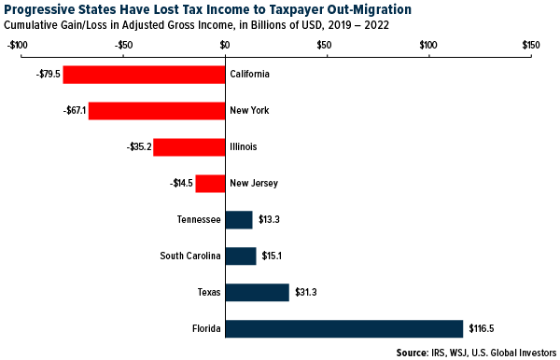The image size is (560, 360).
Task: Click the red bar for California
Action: pos(144,75)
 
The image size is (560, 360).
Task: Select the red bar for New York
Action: pos(157,111)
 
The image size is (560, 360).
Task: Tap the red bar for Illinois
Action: pos(189,147)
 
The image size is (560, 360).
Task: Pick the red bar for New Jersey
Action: pos(210,184)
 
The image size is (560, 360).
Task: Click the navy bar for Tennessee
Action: pos(239,220)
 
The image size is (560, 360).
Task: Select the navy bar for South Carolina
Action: pos(241,256)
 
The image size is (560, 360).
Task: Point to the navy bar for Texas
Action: pos(257,293)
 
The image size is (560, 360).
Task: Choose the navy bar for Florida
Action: pos(344,329)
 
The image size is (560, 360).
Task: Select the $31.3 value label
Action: pos(306,293)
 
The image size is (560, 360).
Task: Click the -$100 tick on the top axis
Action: pos(17,44)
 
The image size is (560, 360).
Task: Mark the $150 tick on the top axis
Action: pos(529,44)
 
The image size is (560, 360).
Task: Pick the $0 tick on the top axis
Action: pos(225,44)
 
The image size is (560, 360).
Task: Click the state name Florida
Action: pos(204,329)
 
